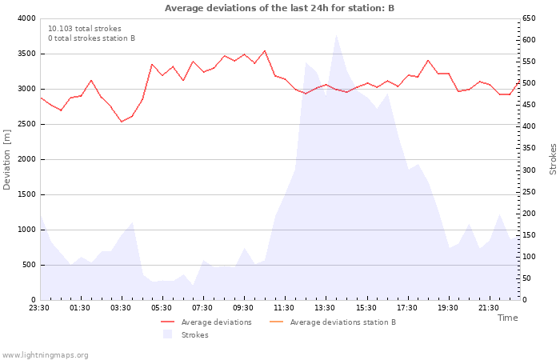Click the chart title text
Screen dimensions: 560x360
pos(279,8)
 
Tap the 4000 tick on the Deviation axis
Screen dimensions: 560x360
pos(26,18)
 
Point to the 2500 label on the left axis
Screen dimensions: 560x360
pos(26,124)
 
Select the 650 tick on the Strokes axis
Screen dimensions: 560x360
pos(529,18)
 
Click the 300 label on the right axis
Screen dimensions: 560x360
pos(529,170)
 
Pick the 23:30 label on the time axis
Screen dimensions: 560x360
pos(39,308)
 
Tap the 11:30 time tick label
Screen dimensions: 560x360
pos(284,308)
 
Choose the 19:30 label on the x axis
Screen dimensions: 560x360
pos(448,308)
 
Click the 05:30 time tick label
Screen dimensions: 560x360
pos(162,308)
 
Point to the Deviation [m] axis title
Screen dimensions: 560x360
pos(6,160)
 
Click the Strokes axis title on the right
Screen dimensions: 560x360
pos(553,159)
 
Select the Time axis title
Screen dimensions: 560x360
pos(507,318)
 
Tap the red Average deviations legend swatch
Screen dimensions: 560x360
pos(167,322)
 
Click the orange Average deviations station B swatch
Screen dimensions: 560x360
pos(276,322)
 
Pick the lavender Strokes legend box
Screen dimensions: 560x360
pos(167,334)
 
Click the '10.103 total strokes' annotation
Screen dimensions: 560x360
pos(85,29)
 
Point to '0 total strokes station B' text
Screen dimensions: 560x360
pos(91,38)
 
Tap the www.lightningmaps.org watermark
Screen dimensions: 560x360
pos(45,355)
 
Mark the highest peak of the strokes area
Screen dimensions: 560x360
pos(336,35)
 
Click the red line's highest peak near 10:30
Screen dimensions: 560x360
pos(265,50)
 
